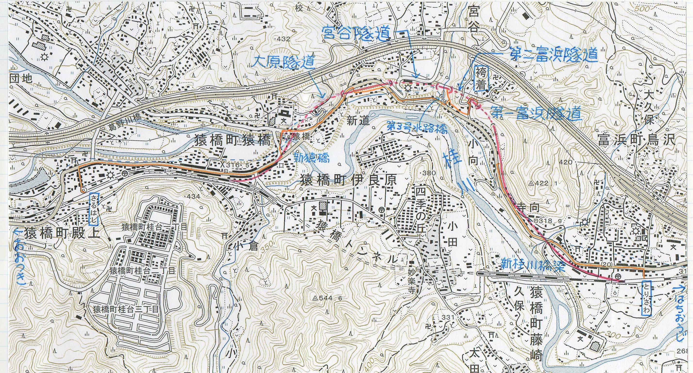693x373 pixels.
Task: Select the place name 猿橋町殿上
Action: pos(62,234)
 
